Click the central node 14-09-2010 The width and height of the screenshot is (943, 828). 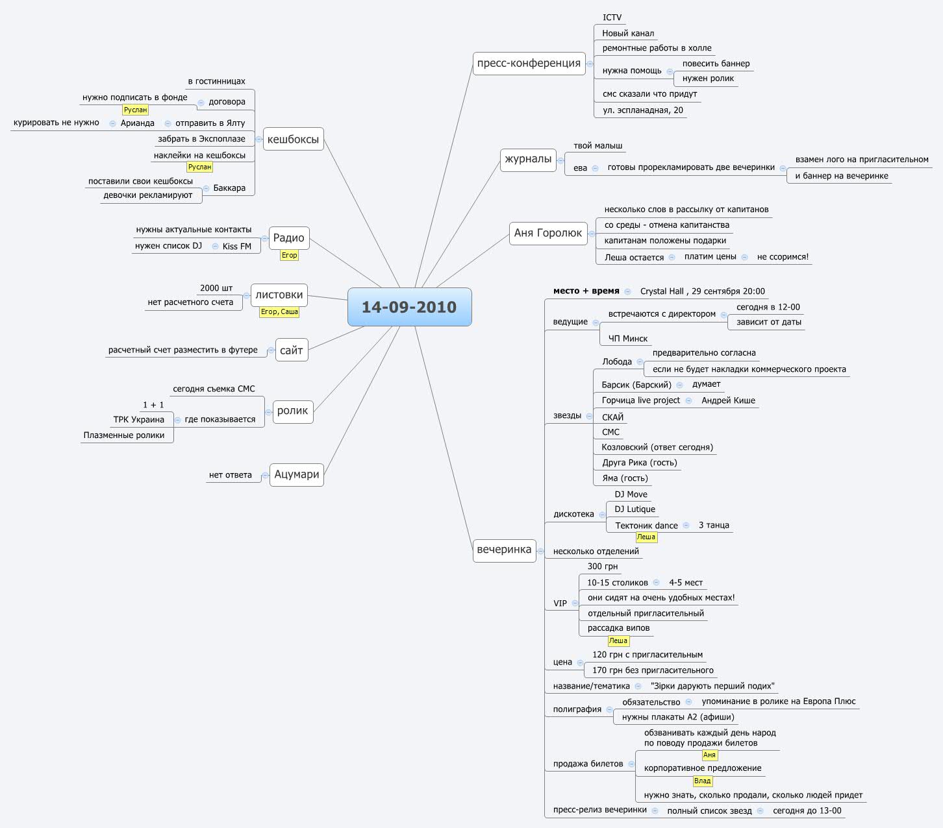(409, 307)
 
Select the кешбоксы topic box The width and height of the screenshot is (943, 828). (293, 139)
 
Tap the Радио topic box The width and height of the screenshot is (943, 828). (288, 237)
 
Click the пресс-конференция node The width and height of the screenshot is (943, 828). (529, 63)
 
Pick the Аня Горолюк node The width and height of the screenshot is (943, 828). (548, 233)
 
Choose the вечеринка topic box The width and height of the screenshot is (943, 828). (504, 550)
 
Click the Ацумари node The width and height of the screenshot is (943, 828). (296, 474)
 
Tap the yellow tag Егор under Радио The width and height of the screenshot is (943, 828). (289, 256)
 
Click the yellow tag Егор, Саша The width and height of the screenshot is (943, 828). (279, 312)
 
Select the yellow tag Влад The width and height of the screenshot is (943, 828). (702, 781)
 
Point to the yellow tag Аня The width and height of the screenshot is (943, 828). (709, 755)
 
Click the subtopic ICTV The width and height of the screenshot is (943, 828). (612, 18)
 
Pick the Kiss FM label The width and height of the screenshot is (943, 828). (236, 247)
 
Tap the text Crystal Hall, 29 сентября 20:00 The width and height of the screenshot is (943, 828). (702, 291)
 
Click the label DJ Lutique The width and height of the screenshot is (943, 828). (635, 509)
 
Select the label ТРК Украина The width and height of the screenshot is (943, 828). (138, 420)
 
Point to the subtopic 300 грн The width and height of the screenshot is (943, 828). (602, 566)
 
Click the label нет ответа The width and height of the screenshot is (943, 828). (230, 475)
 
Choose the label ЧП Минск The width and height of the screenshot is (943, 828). (627, 339)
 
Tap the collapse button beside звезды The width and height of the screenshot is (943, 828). (589, 416)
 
